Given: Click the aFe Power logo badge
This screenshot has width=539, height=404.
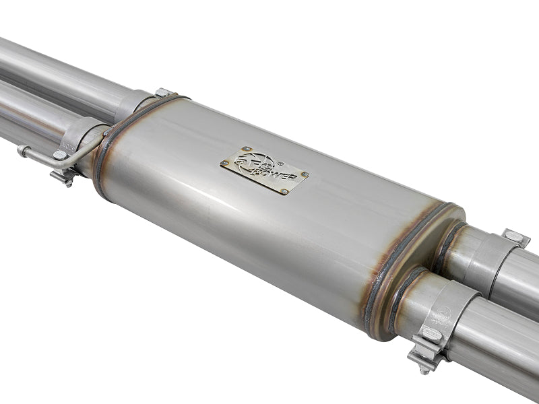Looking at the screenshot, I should point(263,170).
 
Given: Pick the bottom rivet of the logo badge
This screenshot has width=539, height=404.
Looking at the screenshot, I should point(283,192).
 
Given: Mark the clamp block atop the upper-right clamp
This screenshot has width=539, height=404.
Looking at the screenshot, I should point(515,237).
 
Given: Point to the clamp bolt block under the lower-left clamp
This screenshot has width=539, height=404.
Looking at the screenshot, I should point(64,176).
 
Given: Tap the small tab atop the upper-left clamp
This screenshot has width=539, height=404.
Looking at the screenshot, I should point(162,92).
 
